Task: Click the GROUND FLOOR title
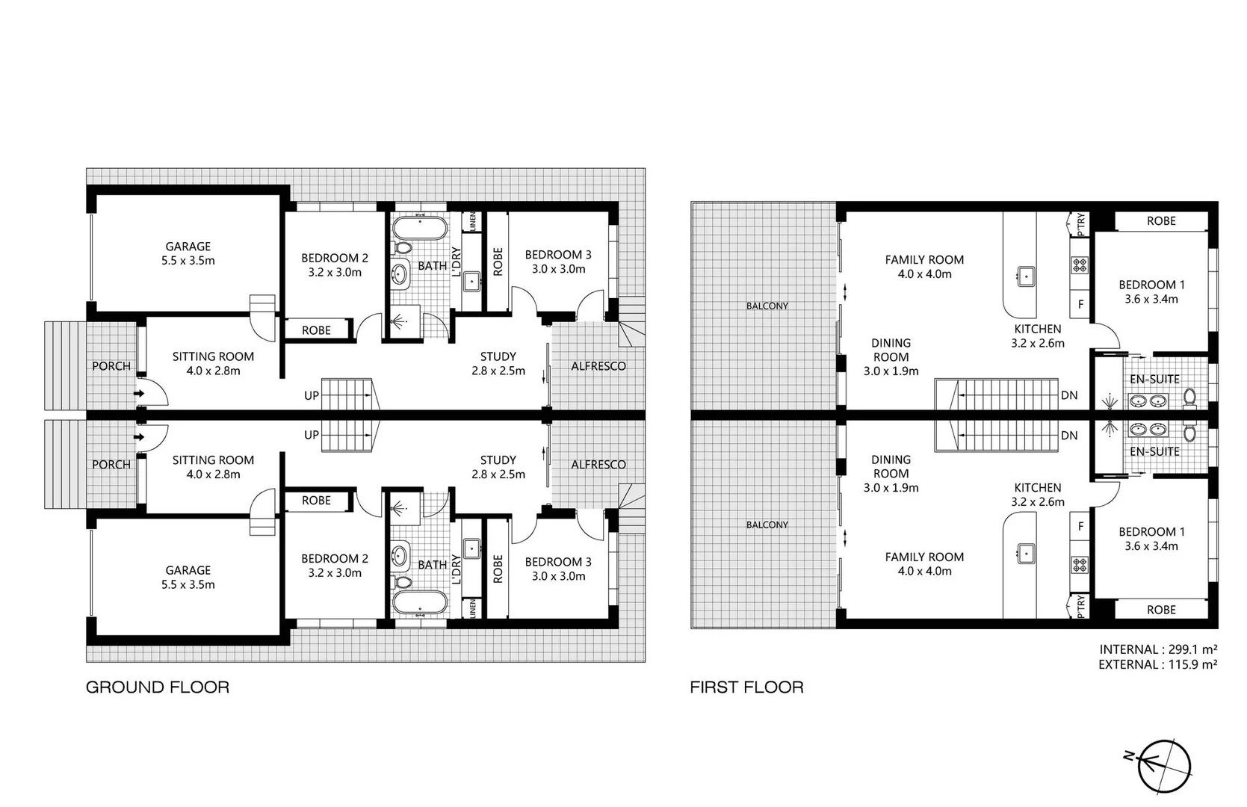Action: click(x=157, y=687)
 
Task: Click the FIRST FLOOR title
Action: click(x=746, y=687)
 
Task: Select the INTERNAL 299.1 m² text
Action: click(x=1158, y=650)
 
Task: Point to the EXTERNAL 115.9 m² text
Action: click(x=1158, y=664)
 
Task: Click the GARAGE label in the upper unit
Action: click(x=188, y=247)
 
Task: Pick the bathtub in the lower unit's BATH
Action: click(x=419, y=603)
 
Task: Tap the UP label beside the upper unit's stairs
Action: click(x=312, y=396)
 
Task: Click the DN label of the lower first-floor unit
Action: click(x=1069, y=436)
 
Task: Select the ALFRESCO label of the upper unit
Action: click(x=598, y=366)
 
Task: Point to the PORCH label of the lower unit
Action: click(x=111, y=465)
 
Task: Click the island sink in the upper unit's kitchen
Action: click(x=1026, y=276)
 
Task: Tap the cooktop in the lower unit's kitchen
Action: click(x=1080, y=564)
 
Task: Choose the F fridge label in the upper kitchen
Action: click(x=1080, y=305)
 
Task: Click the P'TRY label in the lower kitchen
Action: click(x=1080, y=607)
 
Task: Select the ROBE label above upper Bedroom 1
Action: click(x=1161, y=221)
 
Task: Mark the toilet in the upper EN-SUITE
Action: click(x=1190, y=398)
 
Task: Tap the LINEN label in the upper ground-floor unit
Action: click(x=472, y=222)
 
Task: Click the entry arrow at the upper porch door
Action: click(x=138, y=393)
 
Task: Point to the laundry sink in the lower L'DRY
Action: click(x=471, y=549)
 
